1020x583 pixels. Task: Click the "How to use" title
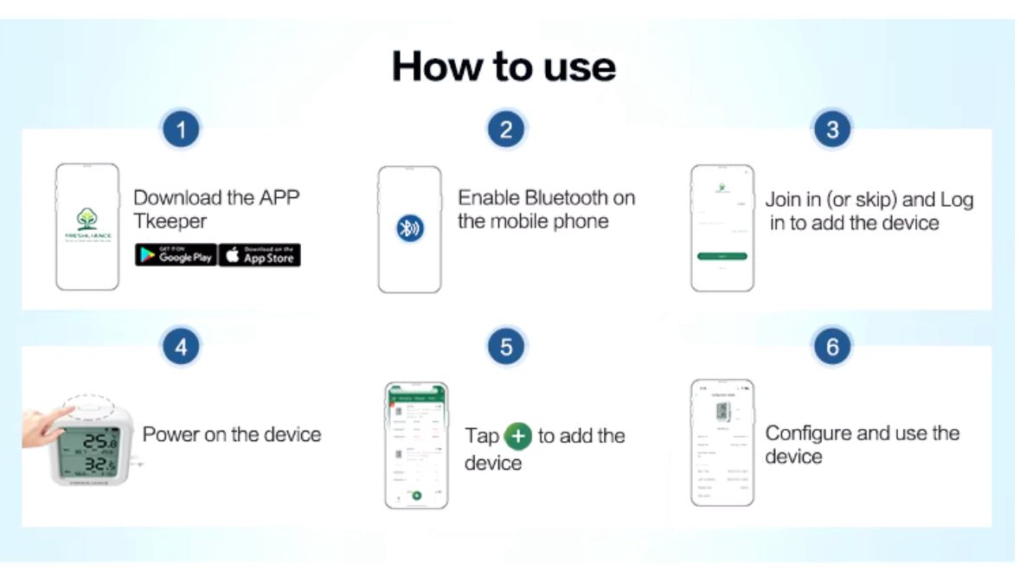(504, 66)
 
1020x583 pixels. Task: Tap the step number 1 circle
(181, 130)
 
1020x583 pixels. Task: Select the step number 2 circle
(506, 130)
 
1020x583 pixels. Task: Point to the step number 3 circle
(831, 130)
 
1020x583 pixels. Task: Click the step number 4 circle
(181, 347)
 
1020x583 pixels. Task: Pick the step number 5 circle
(506, 347)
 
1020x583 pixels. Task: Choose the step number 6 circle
(831, 347)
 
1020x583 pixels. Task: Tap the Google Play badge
(176, 255)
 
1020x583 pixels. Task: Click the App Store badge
(260, 255)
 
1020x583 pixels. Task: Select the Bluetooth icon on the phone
(409, 228)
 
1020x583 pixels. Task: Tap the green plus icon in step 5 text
(517, 435)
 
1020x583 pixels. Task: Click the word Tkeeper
(170, 221)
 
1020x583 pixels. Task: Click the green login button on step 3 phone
(722, 256)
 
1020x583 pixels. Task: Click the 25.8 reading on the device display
(96, 444)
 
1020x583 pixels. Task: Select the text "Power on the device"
(232, 433)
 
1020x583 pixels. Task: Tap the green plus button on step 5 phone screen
(416, 495)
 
